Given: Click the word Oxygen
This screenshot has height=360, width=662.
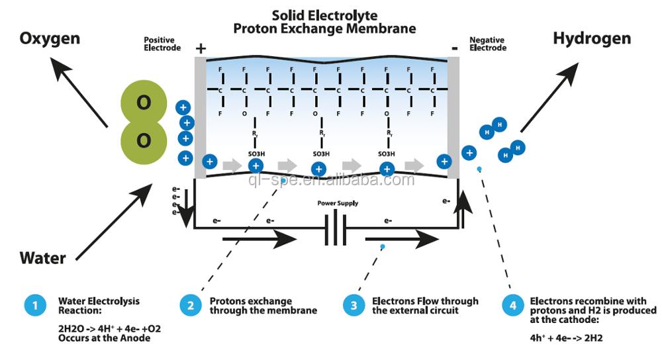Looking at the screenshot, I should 50,38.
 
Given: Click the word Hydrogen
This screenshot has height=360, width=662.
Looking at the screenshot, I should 592,38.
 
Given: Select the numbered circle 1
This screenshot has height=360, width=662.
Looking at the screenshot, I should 34,305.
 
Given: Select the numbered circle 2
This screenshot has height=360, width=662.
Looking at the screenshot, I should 191,305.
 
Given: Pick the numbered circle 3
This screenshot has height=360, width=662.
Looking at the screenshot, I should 354,305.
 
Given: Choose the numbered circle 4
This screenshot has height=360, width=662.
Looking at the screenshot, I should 512,305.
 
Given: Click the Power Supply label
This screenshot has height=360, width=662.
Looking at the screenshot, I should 338,203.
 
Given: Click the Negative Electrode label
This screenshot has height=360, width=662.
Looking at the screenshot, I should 488,44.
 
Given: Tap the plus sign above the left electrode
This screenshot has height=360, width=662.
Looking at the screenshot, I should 201,48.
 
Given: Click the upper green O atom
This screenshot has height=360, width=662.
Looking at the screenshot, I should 143,103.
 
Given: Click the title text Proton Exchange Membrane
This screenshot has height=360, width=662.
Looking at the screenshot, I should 324,28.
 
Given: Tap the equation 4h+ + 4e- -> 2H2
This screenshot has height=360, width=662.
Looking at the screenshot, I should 566,338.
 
